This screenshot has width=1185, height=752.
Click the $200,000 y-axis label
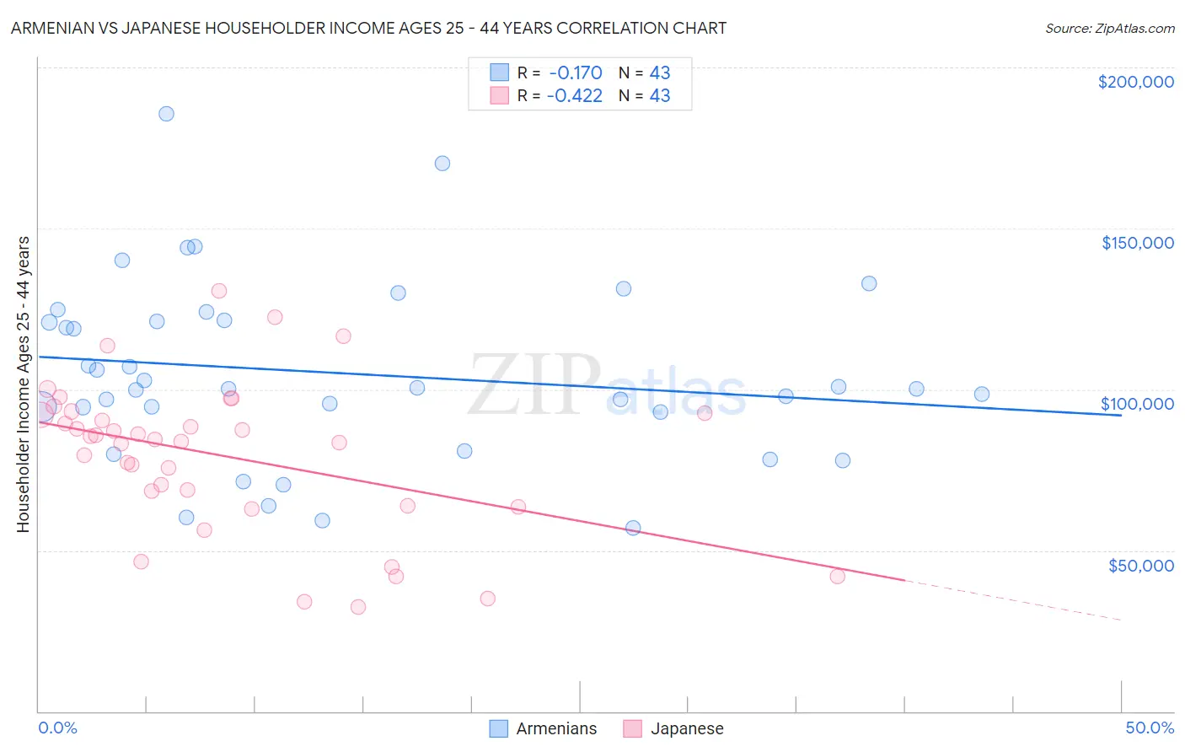pyautogui.click(x=1135, y=82)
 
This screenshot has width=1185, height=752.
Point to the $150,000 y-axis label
pyautogui.click(x=1137, y=243)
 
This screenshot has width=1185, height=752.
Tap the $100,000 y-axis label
pyautogui.click(x=1137, y=404)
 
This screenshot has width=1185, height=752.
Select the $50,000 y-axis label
pyautogui.click(x=1140, y=565)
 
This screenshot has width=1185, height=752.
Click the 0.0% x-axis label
pyautogui.click(x=57, y=728)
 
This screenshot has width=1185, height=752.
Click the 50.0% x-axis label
pyautogui.click(x=1149, y=728)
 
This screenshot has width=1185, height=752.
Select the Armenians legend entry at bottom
pyautogui.click(x=544, y=728)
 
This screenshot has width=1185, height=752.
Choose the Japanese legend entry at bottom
pyautogui.click(x=673, y=728)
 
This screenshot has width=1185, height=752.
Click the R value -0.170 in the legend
pyautogui.click(x=574, y=73)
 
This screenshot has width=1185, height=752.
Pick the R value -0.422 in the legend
pyautogui.click(x=574, y=95)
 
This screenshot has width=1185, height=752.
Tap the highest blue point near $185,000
pyautogui.click(x=166, y=114)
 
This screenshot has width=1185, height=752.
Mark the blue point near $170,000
pyautogui.click(x=442, y=164)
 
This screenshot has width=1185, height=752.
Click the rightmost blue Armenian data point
pyautogui.click(x=982, y=394)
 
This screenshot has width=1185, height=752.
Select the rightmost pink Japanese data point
pyautogui.click(x=838, y=577)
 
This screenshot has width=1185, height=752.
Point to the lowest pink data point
pyautogui.click(x=358, y=607)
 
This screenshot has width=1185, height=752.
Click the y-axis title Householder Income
pyautogui.click(x=23, y=384)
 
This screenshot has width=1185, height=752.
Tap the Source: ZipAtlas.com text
pyautogui.click(x=1109, y=29)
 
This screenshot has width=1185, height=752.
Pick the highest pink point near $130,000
pyautogui.click(x=219, y=291)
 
